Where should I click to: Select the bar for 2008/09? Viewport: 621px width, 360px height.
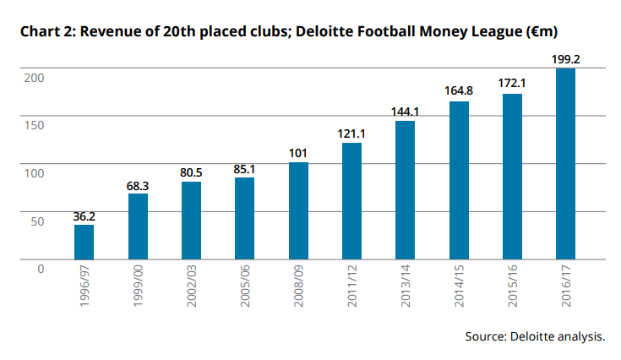298,210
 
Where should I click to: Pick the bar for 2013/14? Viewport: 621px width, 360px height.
405,190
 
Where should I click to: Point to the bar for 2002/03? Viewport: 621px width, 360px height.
191,221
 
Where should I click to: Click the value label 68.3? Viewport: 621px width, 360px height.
138,184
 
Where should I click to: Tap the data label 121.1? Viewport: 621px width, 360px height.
351,134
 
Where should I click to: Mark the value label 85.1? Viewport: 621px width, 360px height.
244,168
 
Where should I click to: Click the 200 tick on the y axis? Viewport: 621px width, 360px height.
33,77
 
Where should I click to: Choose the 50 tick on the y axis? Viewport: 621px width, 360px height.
36,221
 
